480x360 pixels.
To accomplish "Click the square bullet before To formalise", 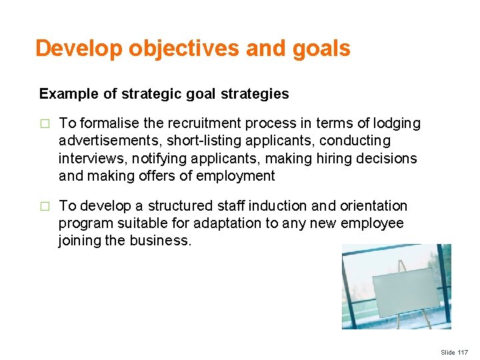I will [45, 124].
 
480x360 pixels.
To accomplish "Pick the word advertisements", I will [111, 141].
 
